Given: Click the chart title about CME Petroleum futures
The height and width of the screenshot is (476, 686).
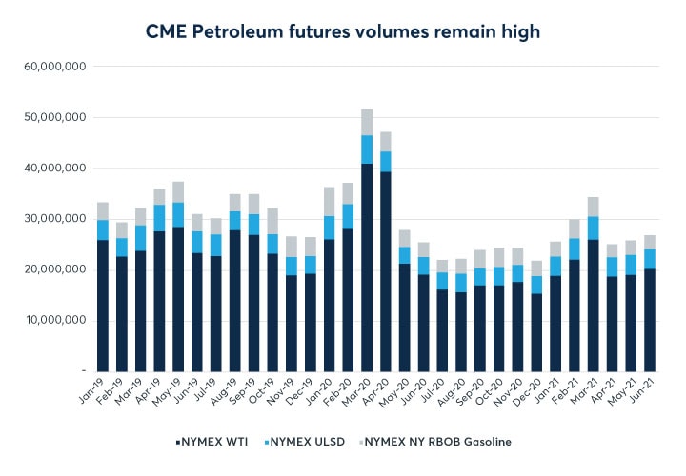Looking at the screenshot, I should (x=343, y=31).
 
